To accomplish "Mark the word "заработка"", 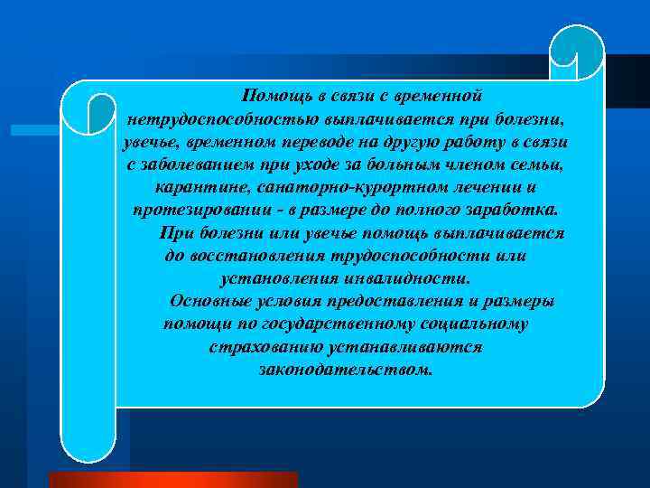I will tap(514, 211).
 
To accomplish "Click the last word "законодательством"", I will tap(346, 369).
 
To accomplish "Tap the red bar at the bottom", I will tap(172, 479).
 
